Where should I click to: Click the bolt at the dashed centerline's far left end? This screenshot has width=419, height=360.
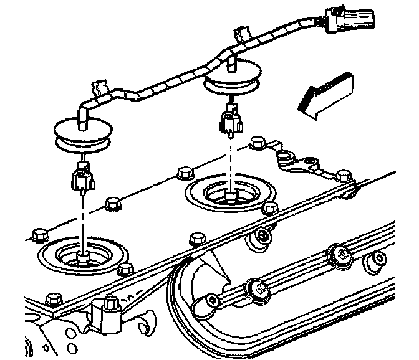[x=37, y=235]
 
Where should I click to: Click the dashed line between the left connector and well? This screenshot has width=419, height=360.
[x=83, y=218]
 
